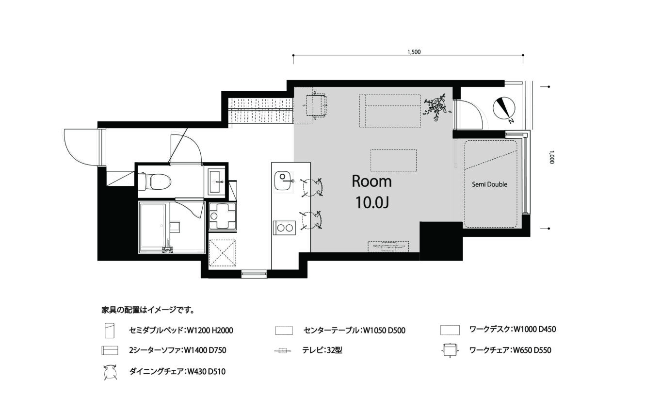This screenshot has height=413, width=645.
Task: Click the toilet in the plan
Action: pos(154,182)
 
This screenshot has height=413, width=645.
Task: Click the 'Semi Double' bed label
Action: pos(489,184)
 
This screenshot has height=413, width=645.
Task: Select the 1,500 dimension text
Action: pos(414,52)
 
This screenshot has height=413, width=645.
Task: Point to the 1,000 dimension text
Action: pos(551,157)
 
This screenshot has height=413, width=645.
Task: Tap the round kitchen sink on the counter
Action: pos(282,181)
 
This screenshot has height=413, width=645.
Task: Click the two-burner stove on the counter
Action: pos(285,228)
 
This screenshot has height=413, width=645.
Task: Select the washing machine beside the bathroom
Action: pos(223,216)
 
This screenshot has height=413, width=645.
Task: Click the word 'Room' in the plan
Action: pos(372,182)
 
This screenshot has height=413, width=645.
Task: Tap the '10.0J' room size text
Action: pos(372,202)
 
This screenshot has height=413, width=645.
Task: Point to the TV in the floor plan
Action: pos(388,247)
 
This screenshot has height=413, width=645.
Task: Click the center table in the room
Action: pos(393,161)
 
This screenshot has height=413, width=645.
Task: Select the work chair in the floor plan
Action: pos(315,105)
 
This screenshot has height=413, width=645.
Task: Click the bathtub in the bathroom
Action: pos(152,228)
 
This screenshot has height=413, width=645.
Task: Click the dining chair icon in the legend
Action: pos(110,372)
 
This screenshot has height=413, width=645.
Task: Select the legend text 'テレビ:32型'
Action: pos(322,350)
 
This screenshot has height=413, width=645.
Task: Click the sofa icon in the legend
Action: pos(110,350)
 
